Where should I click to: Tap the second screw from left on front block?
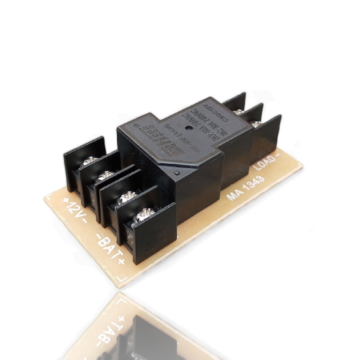(x=106, y=176)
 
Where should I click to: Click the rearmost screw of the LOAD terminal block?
(x=238, y=112)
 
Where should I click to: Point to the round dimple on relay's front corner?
(x=176, y=174)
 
